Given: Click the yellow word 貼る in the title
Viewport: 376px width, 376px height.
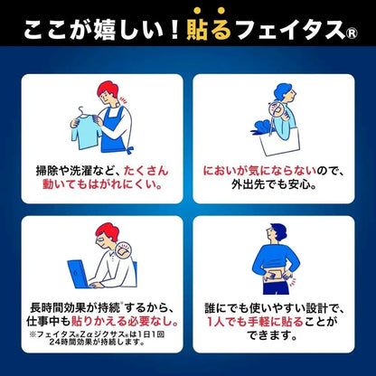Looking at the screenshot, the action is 209,30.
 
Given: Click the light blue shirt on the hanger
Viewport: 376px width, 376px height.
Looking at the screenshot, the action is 86,132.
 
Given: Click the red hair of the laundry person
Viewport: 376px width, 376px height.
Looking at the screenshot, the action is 108,89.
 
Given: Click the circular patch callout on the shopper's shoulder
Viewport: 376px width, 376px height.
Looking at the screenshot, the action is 277,109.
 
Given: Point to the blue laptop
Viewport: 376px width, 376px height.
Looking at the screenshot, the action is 80,274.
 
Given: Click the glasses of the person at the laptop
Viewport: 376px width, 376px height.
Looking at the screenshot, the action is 101,241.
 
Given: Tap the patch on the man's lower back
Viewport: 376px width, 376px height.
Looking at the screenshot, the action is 273,276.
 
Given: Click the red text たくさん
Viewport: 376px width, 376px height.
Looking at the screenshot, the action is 146,171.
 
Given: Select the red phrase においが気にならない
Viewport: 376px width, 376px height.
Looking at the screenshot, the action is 259,171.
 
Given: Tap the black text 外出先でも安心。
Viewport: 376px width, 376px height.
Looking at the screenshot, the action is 274,184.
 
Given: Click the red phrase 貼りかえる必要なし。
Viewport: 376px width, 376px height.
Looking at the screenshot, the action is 125,321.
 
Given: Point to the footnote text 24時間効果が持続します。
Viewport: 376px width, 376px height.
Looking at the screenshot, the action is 97,342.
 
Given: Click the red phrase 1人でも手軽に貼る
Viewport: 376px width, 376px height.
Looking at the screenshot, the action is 255,322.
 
